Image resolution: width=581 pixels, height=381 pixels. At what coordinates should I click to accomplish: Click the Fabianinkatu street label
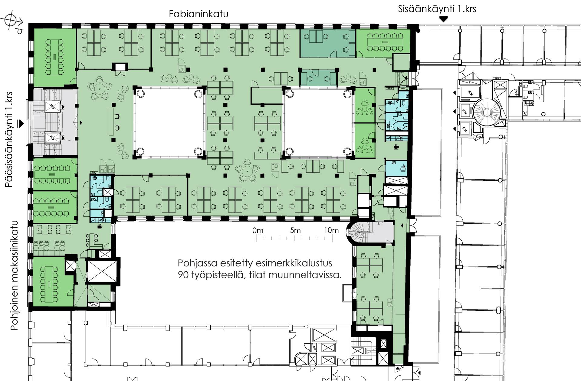(199, 14)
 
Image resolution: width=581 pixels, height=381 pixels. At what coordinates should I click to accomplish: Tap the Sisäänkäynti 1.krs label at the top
(437, 9)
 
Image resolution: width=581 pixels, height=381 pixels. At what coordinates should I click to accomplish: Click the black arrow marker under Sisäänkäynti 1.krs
(443, 19)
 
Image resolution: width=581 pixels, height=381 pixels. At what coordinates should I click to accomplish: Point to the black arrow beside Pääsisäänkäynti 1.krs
(21, 123)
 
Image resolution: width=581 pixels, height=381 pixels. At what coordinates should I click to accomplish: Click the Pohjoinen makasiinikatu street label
(15, 275)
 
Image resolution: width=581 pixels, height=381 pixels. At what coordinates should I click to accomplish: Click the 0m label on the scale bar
(258, 230)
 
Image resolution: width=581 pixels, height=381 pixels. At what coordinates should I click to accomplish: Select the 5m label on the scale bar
(295, 230)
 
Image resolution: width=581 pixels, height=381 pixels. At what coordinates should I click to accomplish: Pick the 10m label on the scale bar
(331, 230)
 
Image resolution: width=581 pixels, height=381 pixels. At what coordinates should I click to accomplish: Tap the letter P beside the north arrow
(19, 31)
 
